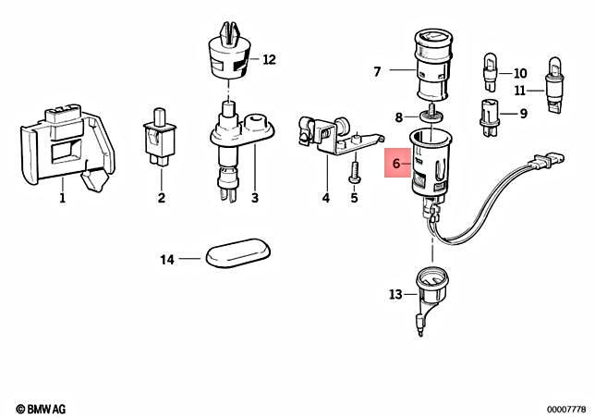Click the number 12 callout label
(269, 59)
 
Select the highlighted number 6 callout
(397, 164)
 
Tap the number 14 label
(167, 260)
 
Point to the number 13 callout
(395, 294)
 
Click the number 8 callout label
(399, 117)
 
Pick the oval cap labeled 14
(238, 252)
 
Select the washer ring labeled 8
(431, 114)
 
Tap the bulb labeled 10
(490, 72)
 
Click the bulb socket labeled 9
(490, 117)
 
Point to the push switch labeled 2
(161, 138)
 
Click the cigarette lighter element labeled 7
(434, 67)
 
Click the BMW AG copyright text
(41, 409)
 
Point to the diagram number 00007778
(566, 410)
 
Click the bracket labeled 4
(338, 136)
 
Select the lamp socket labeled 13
(431, 296)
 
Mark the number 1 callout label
(62, 198)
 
